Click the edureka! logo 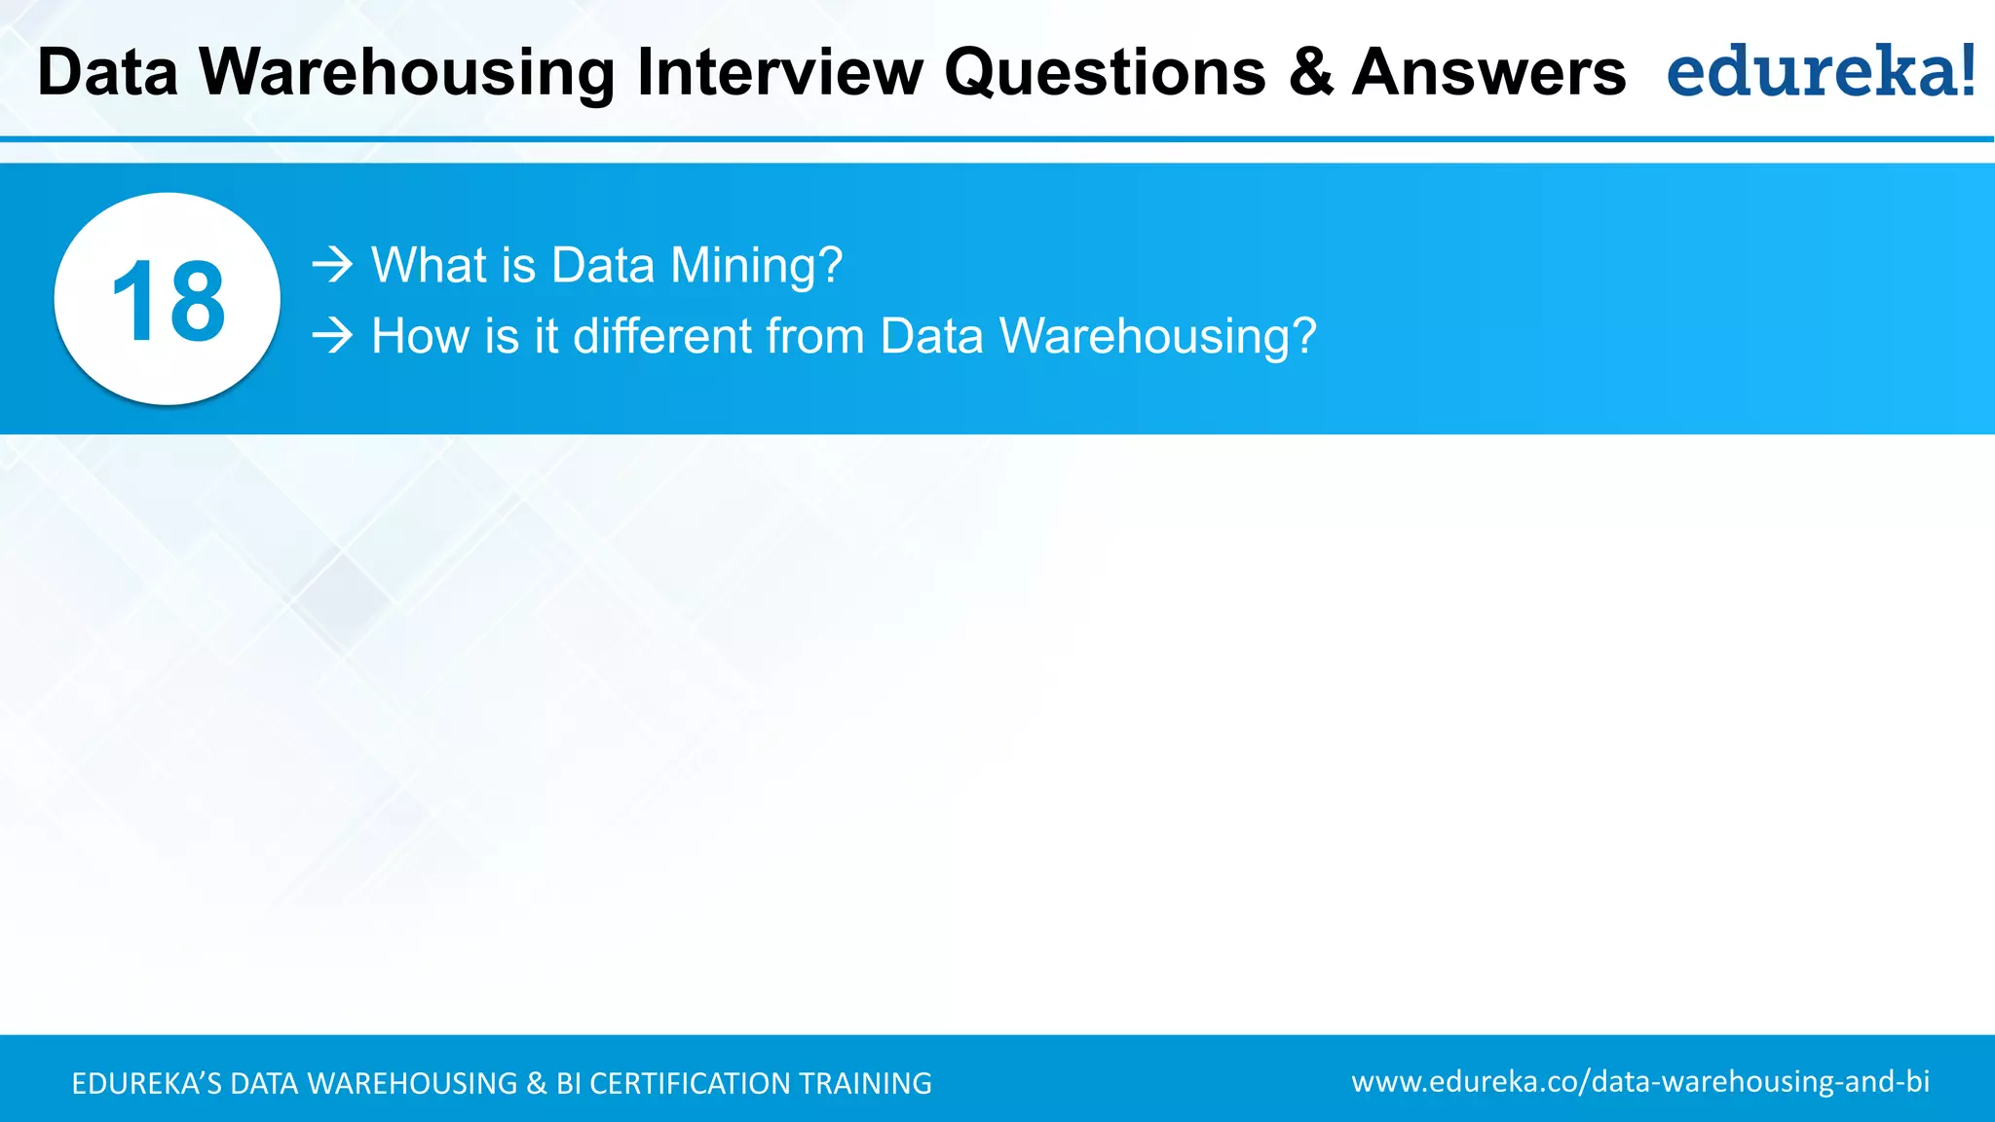(x=1821, y=71)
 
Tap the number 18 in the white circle (x=168, y=302)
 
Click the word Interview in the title (x=779, y=72)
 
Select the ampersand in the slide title (x=1311, y=72)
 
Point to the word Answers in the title (x=1488, y=72)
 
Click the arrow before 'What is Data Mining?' (x=332, y=265)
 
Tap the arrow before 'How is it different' (x=332, y=336)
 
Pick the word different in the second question (x=661, y=336)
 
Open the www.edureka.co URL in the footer (x=1640, y=1082)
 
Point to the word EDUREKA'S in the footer (x=147, y=1083)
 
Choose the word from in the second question (x=815, y=336)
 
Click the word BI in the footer (x=569, y=1083)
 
